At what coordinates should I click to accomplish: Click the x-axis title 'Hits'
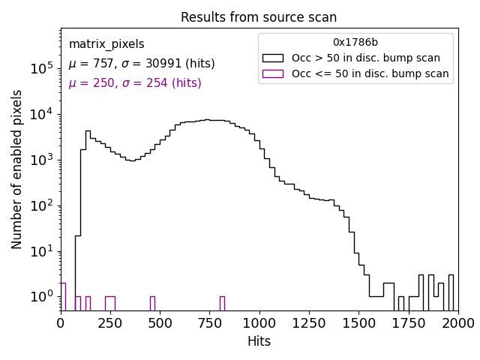point(259,341)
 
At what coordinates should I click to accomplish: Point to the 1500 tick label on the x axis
point(358,323)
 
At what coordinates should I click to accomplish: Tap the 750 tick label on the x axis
point(209,323)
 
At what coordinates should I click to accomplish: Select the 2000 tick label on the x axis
point(457,323)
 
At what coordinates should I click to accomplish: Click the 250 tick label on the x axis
point(110,323)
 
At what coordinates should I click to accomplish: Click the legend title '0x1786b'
point(355,42)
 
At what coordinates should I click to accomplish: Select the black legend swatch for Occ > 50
point(273,58)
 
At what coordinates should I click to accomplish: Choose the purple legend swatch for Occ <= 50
point(273,73)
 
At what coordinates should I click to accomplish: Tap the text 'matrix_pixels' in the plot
point(106,44)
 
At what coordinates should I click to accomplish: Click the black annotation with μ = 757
point(142,64)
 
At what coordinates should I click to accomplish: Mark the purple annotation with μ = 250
point(135,83)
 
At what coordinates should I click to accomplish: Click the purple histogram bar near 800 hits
point(222,303)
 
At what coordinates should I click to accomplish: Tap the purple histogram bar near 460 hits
point(152,303)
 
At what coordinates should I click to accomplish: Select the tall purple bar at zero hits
point(63,296)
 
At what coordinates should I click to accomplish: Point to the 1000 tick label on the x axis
point(259,323)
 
